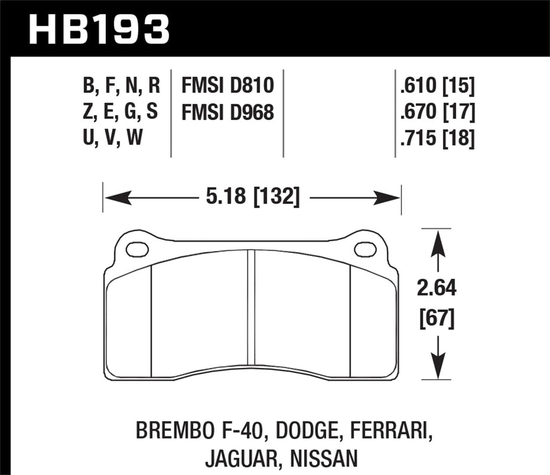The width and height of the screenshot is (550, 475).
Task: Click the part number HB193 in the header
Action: (x=99, y=29)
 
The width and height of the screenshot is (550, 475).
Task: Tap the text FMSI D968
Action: (x=228, y=112)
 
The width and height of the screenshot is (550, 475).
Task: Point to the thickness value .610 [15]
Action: (x=437, y=85)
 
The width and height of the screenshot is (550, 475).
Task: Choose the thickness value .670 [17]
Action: (x=437, y=112)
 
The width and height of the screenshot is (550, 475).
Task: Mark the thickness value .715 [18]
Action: (x=437, y=138)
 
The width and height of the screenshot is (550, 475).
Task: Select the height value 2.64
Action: (x=436, y=288)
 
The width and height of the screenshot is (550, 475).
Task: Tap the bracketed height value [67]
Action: (x=437, y=318)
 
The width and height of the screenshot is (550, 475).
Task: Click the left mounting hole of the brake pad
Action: (x=137, y=249)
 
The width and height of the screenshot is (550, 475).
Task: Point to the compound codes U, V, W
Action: (x=113, y=138)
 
